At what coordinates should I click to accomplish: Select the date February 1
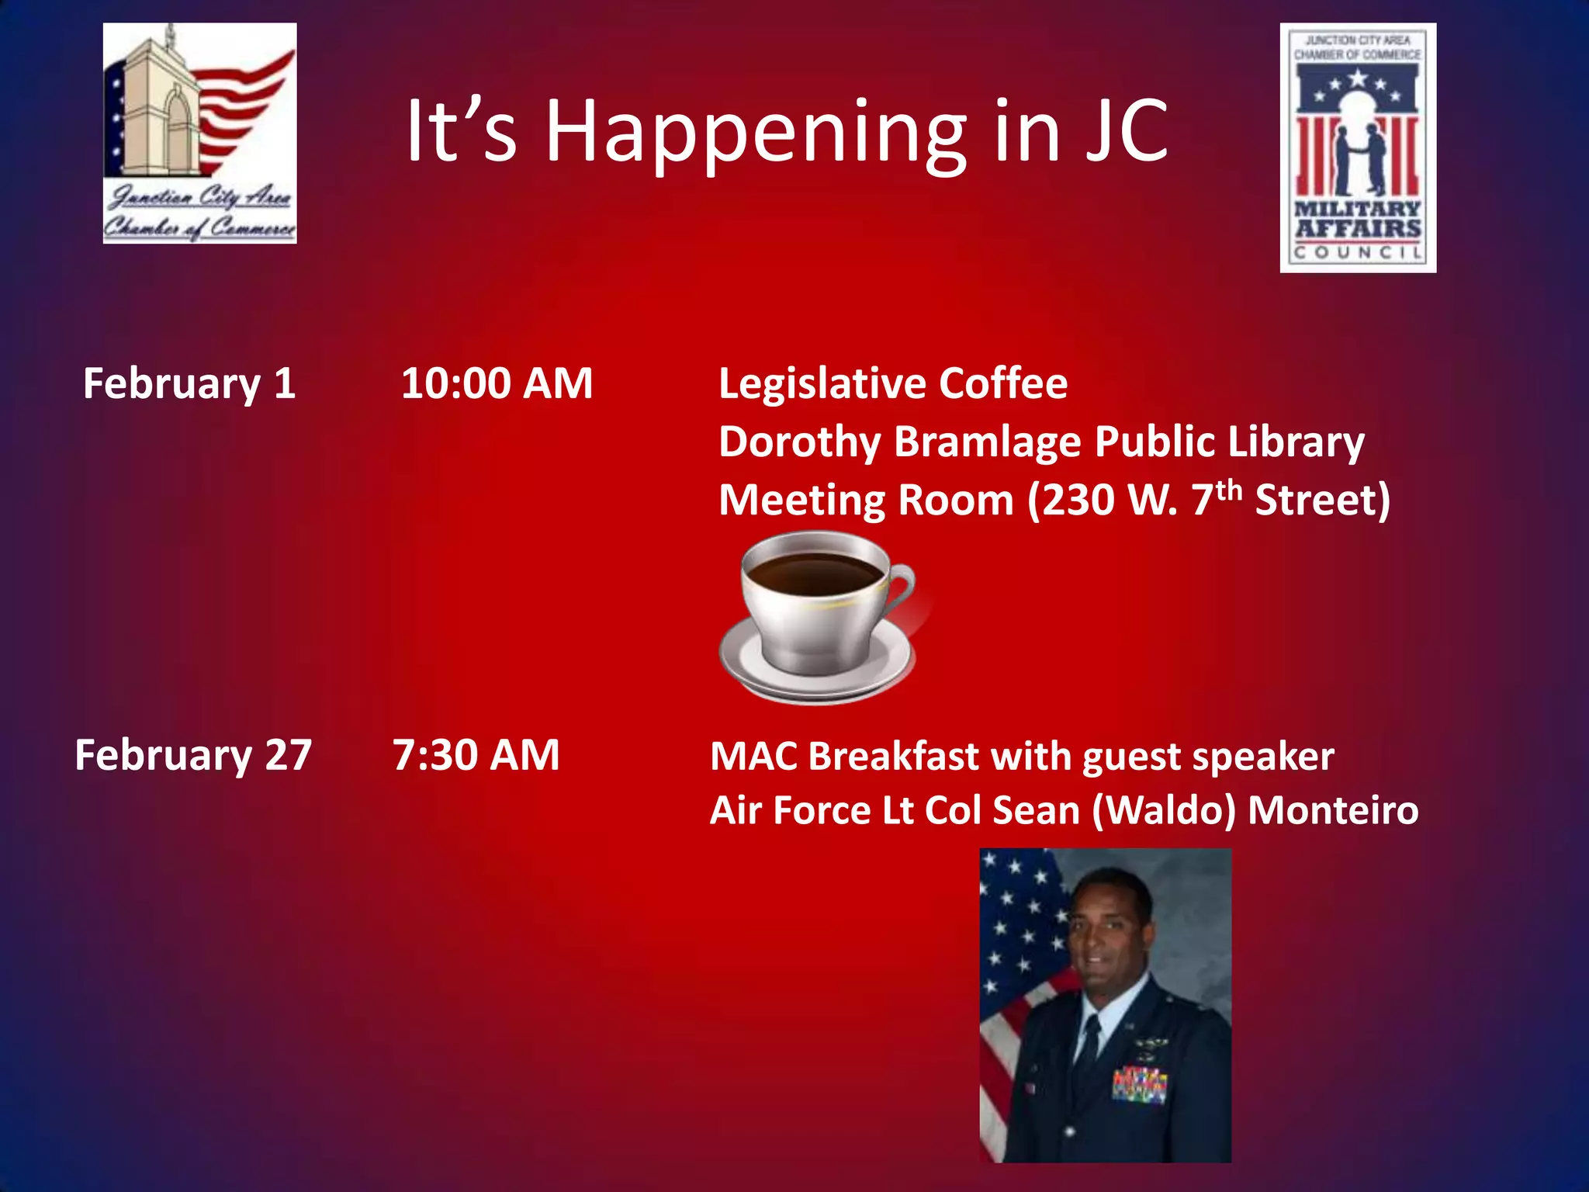point(189,384)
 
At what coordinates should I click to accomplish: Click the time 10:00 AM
point(497,383)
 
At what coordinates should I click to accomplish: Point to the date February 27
point(193,755)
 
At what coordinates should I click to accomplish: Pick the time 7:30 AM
point(476,755)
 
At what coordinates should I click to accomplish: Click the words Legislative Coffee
point(892,383)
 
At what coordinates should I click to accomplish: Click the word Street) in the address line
point(1322,501)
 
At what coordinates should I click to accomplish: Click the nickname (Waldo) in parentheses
point(1163,811)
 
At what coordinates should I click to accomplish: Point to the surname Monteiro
point(1333,811)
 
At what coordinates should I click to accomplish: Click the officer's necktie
point(1089,1044)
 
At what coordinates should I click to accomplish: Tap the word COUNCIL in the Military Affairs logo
point(1358,253)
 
